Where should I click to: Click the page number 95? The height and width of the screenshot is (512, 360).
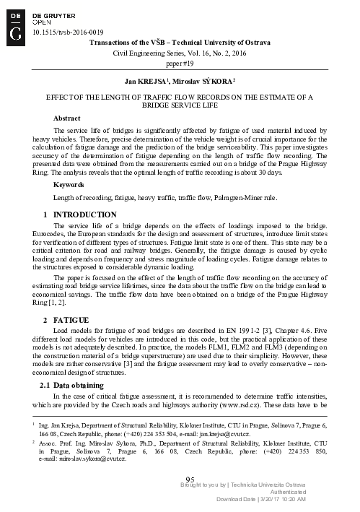click(190, 480)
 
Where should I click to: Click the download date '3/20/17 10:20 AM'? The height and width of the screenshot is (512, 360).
click(281, 499)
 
